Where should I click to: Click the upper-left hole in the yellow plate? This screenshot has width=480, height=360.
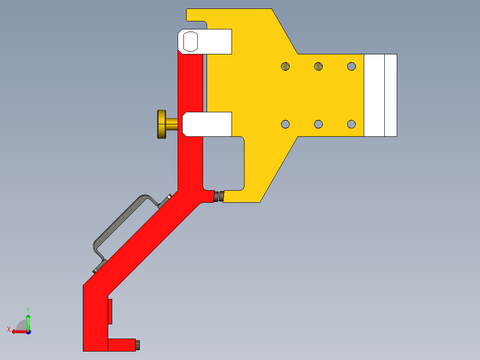coord(285,66)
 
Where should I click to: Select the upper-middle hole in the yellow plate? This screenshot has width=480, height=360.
coord(318,66)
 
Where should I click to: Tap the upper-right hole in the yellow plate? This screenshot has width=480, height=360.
coord(352,66)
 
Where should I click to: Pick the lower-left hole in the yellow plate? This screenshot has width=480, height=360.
coord(285,124)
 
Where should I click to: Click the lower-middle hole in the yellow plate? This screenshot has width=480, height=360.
coord(318,124)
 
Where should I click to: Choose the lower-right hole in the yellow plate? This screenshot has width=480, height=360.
coord(352,124)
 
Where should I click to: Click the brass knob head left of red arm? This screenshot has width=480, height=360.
coord(161,124)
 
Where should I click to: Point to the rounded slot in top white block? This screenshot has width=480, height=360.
coord(191,41)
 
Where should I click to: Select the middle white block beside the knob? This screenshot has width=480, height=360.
coord(207,124)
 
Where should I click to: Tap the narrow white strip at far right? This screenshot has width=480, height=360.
coord(391,95)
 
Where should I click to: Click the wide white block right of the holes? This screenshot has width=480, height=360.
coord(374,95)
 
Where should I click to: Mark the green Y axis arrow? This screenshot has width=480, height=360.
coord(28,320)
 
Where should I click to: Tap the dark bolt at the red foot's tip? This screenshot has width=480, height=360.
coord(138,344)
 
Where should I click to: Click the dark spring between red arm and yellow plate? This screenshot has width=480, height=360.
coord(219,196)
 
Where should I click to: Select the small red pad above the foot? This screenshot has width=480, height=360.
coord(110,311)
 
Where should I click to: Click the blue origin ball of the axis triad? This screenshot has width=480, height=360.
coord(28,331)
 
